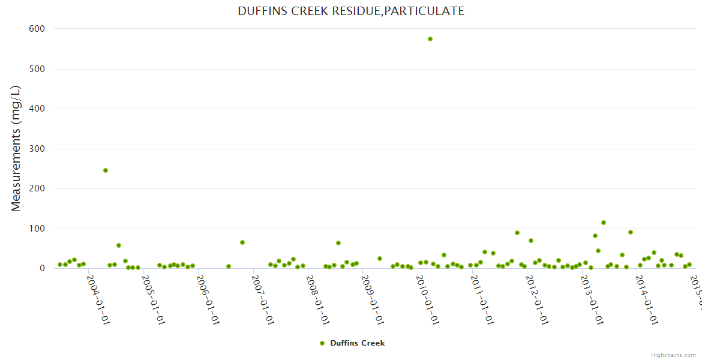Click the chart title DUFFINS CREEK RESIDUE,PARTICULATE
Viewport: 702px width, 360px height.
click(x=351, y=11)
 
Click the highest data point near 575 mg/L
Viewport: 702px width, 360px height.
click(x=430, y=39)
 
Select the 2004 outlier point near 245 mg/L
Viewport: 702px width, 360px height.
click(x=106, y=170)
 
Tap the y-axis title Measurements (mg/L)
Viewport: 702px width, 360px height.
click(x=16, y=148)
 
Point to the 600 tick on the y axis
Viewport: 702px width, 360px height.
click(x=37, y=29)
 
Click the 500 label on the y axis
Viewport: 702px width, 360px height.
click(x=37, y=69)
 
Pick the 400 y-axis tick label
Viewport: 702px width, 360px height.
click(x=37, y=109)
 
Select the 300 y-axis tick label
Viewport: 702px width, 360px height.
click(x=37, y=149)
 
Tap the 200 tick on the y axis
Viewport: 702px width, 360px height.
click(x=37, y=188)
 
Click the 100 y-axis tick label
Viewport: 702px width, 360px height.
click(x=37, y=229)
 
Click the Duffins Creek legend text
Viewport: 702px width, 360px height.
click(x=358, y=343)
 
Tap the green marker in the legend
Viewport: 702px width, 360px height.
click(x=322, y=343)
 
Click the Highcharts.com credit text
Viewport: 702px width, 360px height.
click(x=674, y=355)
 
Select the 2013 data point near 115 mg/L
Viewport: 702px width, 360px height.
click(x=604, y=223)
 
